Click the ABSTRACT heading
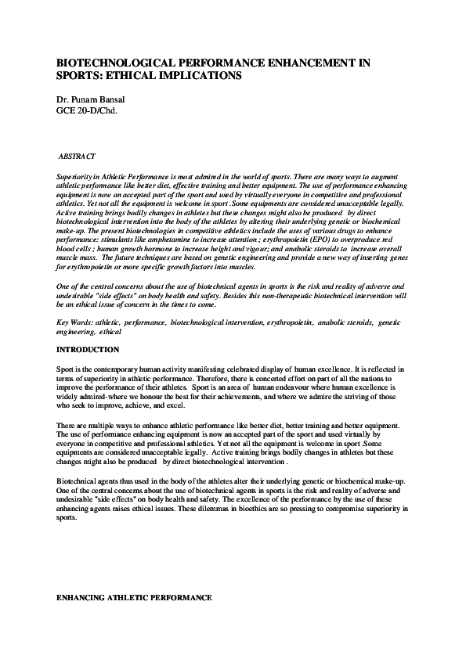78,157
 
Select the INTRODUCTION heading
89,349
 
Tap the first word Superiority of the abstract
76,178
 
